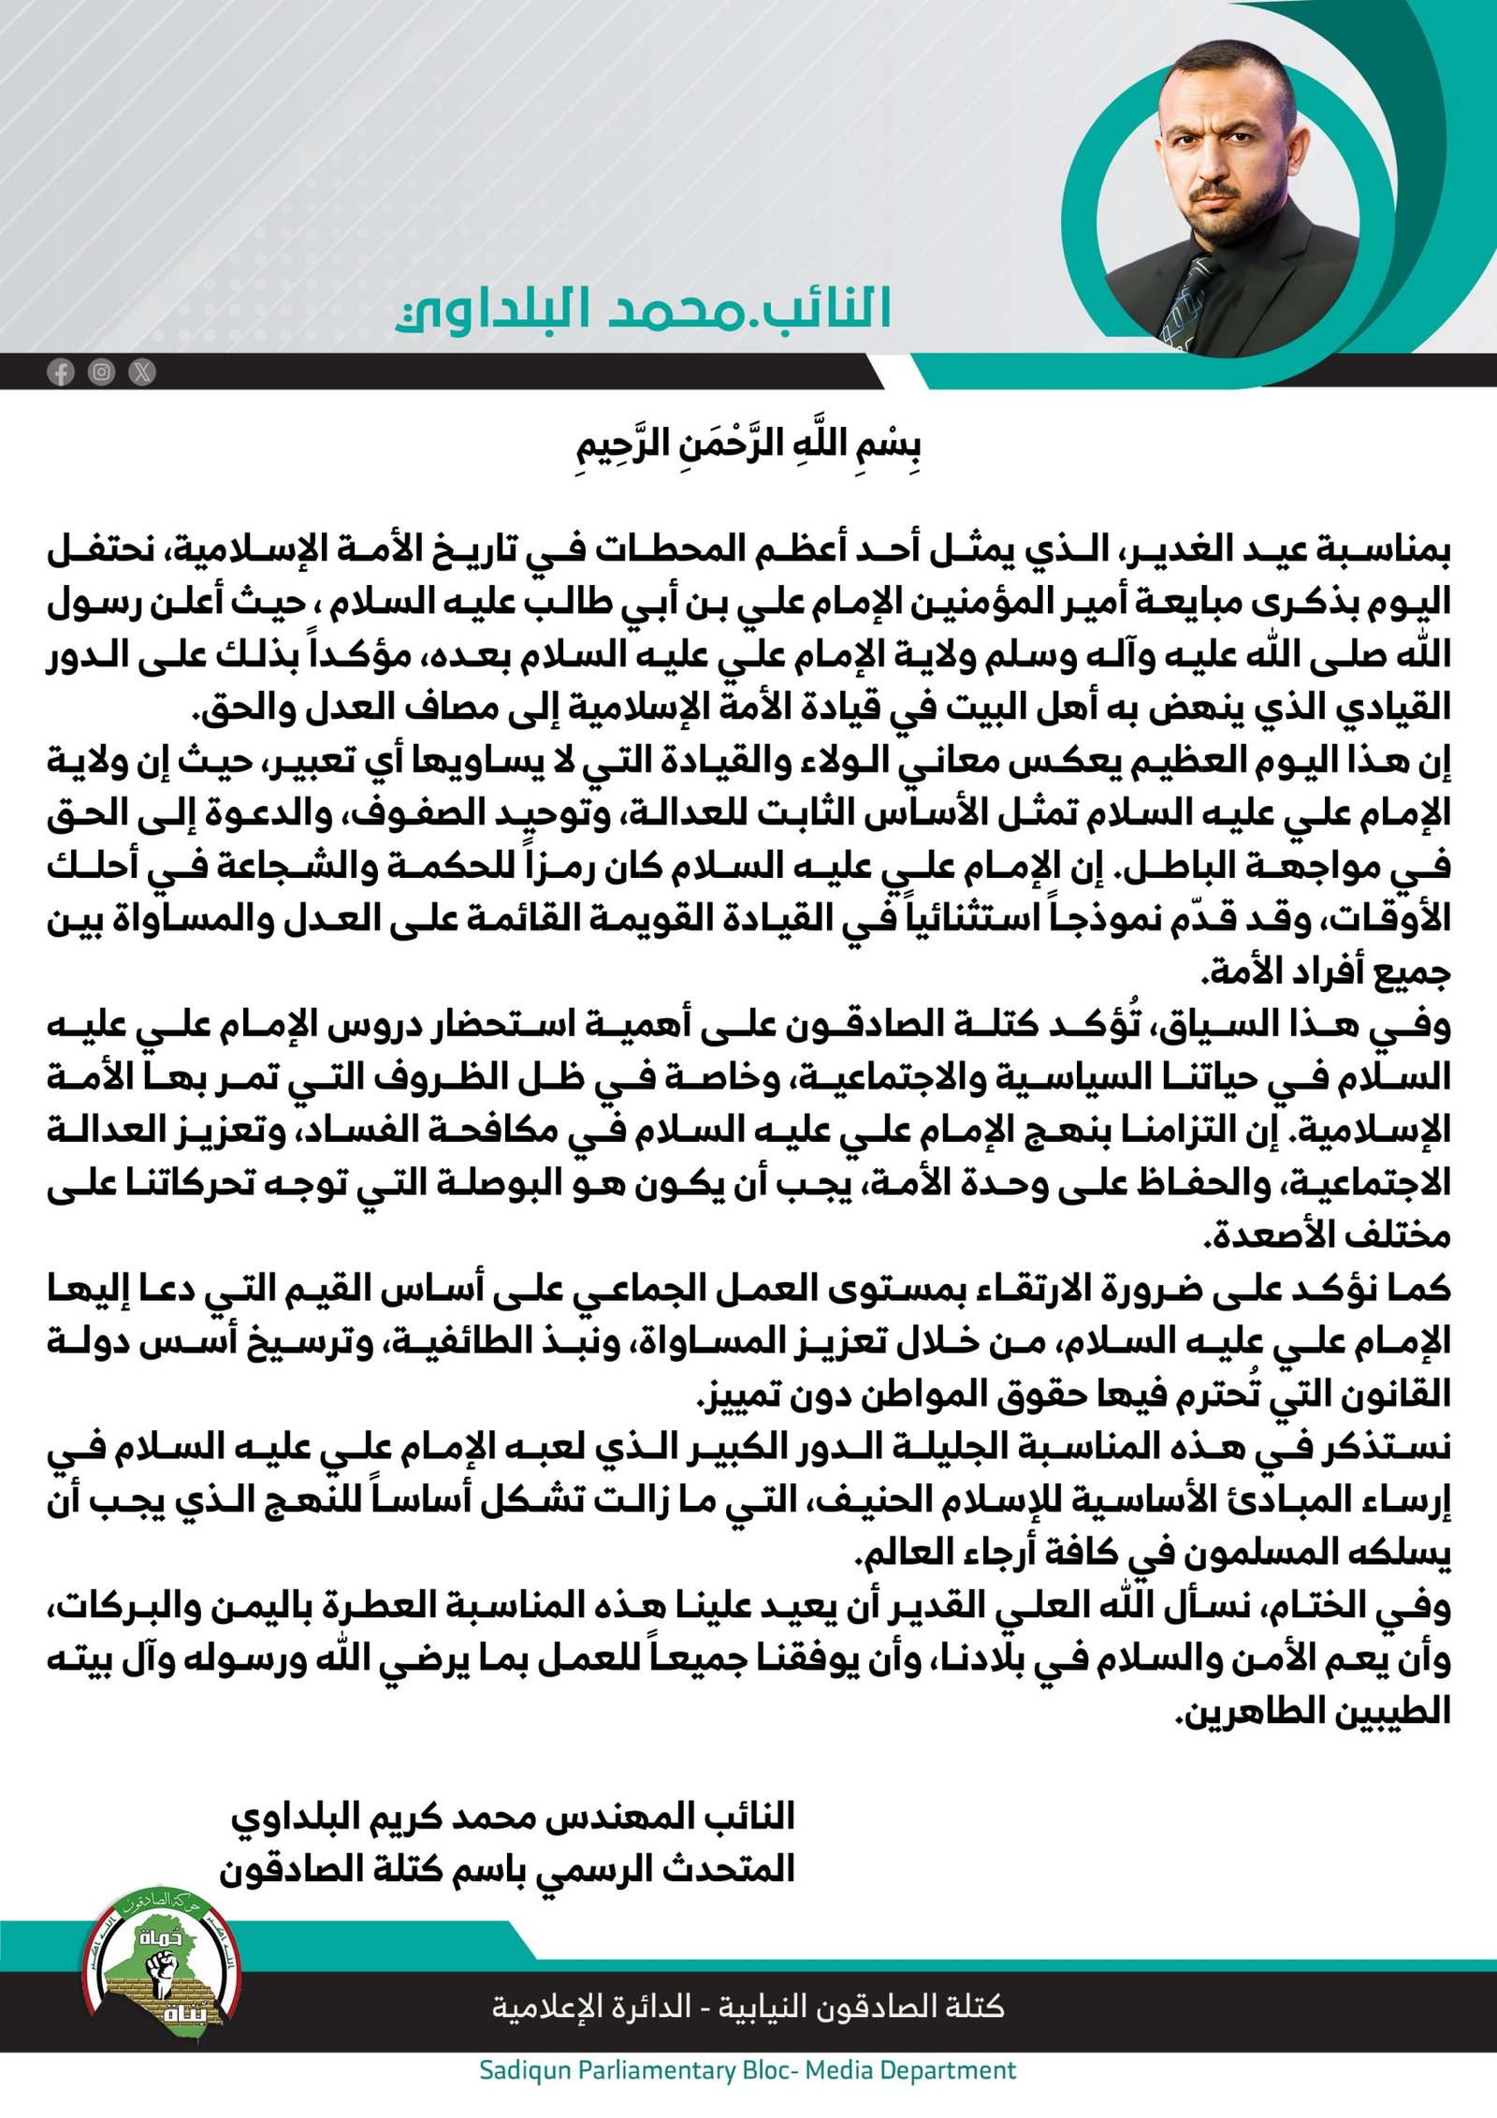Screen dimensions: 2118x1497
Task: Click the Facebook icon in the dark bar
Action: point(61,372)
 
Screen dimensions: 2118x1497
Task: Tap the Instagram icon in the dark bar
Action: point(101,372)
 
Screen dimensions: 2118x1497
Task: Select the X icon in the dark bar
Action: point(142,372)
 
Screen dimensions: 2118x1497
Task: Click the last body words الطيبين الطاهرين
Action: point(1314,1712)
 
